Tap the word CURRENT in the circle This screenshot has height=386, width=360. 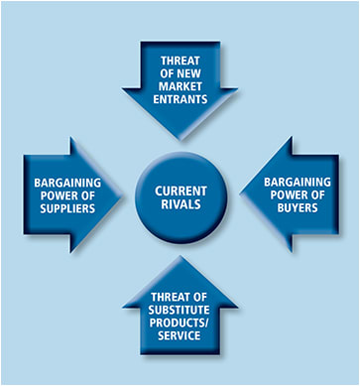(x=180, y=184)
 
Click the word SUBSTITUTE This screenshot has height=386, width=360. (x=180, y=309)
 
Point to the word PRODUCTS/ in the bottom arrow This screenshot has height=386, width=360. (x=180, y=322)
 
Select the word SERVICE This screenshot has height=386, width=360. (x=180, y=335)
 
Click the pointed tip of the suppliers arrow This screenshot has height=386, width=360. (x=120, y=194)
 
